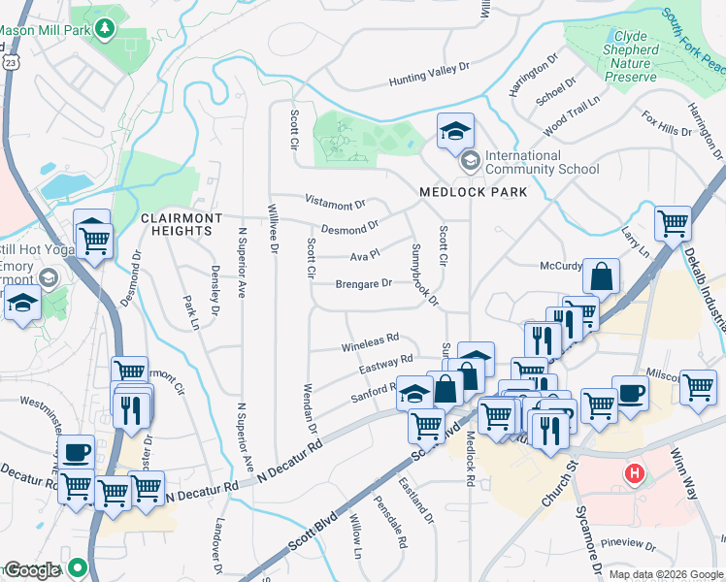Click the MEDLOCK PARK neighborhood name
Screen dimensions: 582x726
pyautogui.click(x=474, y=192)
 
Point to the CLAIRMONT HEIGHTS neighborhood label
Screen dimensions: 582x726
pyautogui.click(x=181, y=225)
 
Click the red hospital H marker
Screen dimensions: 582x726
pyautogui.click(x=635, y=473)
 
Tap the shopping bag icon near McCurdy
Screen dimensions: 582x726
pyautogui.click(x=602, y=275)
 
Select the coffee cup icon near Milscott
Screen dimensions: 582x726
pyautogui.click(x=630, y=393)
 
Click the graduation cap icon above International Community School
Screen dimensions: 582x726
pyautogui.click(x=454, y=132)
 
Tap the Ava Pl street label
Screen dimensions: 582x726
pyautogui.click(x=364, y=257)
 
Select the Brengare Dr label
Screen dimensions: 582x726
pyautogui.click(x=363, y=284)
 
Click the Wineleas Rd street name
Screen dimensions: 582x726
pyautogui.click(x=370, y=342)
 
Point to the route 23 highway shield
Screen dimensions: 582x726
pyautogui.click(x=8, y=60)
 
